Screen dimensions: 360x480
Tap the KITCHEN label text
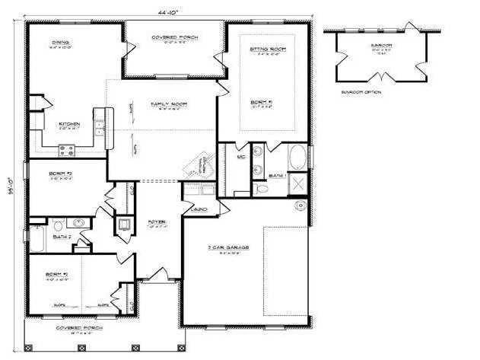[69, 123]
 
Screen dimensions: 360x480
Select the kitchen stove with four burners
[66, 150]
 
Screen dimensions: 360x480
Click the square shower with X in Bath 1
[298, 184]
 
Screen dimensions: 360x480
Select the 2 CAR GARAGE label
[224, 247]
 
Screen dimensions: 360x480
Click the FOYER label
[156, 222]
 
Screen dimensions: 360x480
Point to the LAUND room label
[199, 208]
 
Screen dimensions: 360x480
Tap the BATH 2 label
[62, 237]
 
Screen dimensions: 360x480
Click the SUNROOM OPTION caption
[361, 92]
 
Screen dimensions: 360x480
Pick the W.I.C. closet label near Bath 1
[241, 156]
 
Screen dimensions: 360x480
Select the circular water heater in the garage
[300, 205]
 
